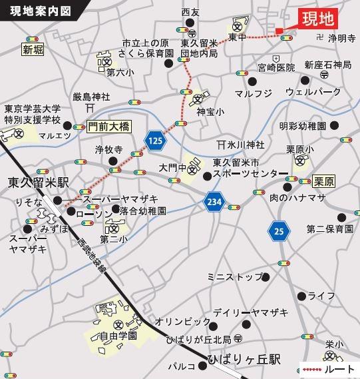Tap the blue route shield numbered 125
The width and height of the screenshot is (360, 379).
155,140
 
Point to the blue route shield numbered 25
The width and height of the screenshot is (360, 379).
279,231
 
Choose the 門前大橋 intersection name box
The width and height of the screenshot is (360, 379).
107,126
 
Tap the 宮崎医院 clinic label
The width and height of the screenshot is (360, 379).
275,67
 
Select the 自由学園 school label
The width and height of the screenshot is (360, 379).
122,337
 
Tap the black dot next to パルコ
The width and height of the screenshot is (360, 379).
204,365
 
